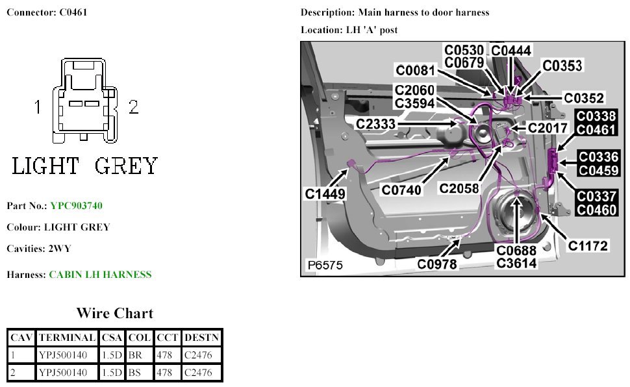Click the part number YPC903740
[x=76, y=206]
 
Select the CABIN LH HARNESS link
[x=100, y=275]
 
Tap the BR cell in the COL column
[x=139, y=355]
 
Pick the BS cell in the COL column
[x=139, y=373]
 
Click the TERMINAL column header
[x=67, y=338]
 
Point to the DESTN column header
[x=201, y=338]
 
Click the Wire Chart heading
[x=114, y=314]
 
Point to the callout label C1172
[x=588, y=245]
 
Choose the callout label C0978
[x=437, y=264]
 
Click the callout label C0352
[x=584, y=99]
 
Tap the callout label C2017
[x=548, y=128]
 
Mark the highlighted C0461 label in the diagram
[x=596, y=129]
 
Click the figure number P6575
[x=325, y=266]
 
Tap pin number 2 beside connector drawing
[x=134, y=108]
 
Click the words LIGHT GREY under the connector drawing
[x=84, y=166]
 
